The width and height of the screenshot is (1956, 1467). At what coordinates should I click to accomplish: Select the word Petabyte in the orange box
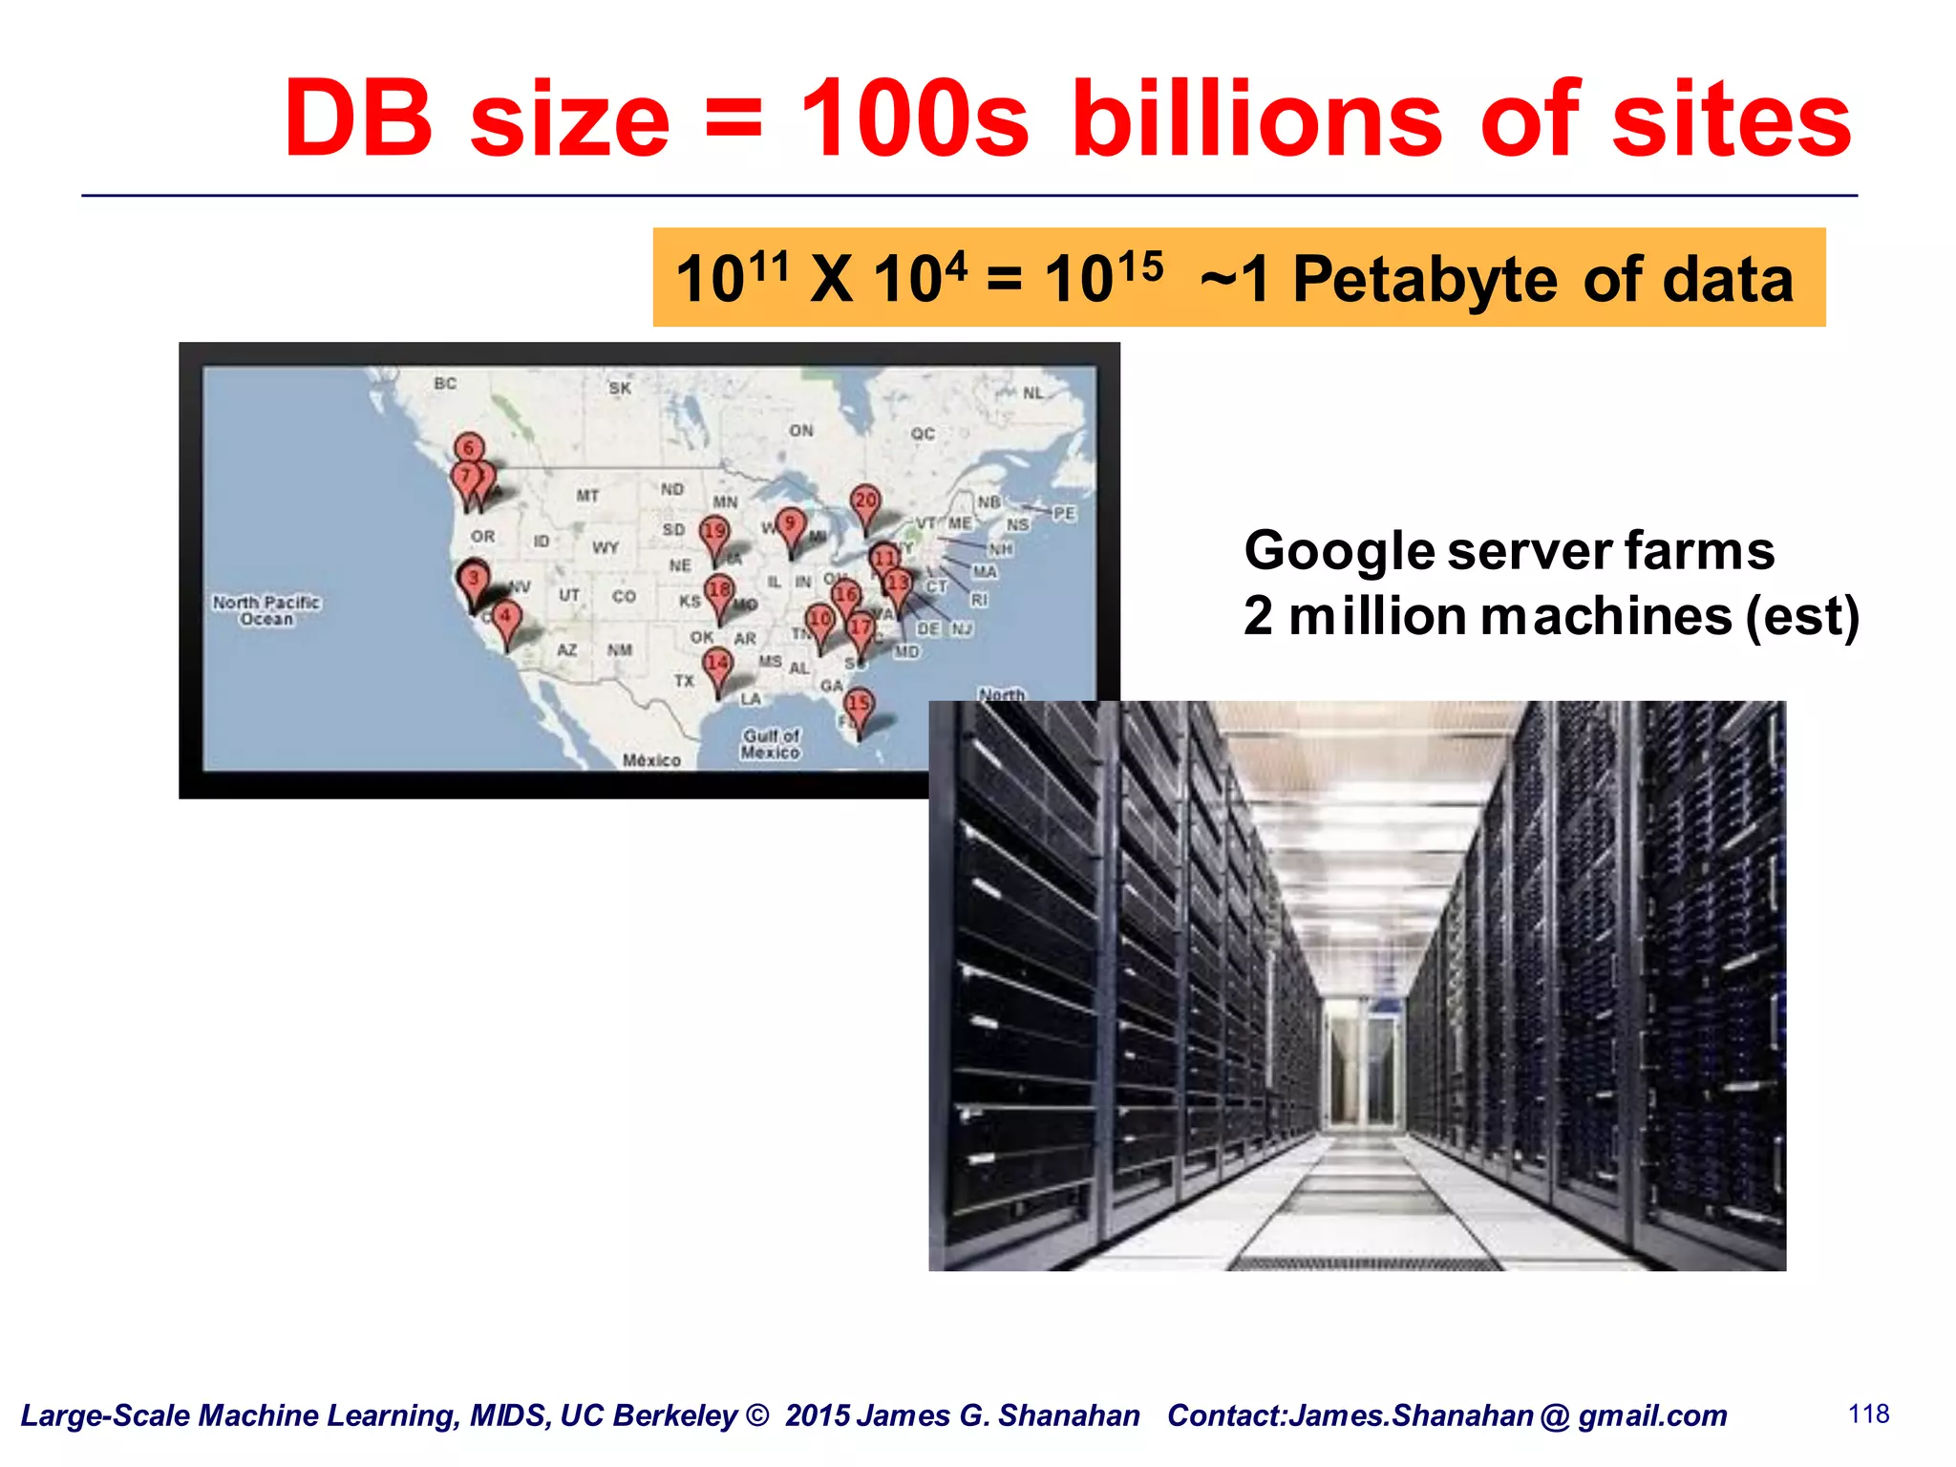[1424, 280]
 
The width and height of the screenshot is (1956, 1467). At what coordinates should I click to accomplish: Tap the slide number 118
[1868, 1414]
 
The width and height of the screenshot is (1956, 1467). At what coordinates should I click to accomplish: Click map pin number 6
[468, 448]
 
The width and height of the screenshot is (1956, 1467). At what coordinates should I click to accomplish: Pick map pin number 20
[865, 500]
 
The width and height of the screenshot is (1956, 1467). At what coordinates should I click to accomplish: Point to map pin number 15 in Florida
[859, 704]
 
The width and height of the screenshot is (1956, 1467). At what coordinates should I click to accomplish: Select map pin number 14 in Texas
[717, 663]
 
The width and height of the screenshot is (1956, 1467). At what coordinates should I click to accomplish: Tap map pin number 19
[714, 532]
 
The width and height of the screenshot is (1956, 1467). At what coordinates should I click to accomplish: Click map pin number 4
[506, 617]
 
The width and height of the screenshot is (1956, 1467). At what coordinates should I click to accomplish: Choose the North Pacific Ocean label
[266, 610]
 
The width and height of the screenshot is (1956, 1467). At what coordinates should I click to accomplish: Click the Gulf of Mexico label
[771, 743]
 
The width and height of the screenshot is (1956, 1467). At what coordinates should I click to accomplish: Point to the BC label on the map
[445, 384]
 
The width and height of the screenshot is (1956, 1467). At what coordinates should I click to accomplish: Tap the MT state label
[587, 496]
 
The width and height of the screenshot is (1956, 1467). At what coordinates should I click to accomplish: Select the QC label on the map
[922, 434]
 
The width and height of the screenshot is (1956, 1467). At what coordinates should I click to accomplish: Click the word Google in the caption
[1339, 551]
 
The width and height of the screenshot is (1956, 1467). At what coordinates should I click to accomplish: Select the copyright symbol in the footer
[756, 1414]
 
